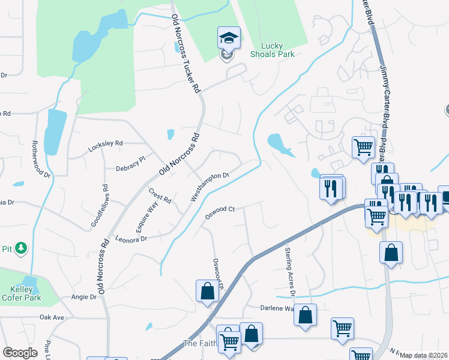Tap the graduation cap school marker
229,38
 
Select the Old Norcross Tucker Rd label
185,54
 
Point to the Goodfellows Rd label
100,206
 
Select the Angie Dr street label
84,297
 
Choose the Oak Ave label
52,317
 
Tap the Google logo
20,353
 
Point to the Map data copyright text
423,356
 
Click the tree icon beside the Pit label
21,247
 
